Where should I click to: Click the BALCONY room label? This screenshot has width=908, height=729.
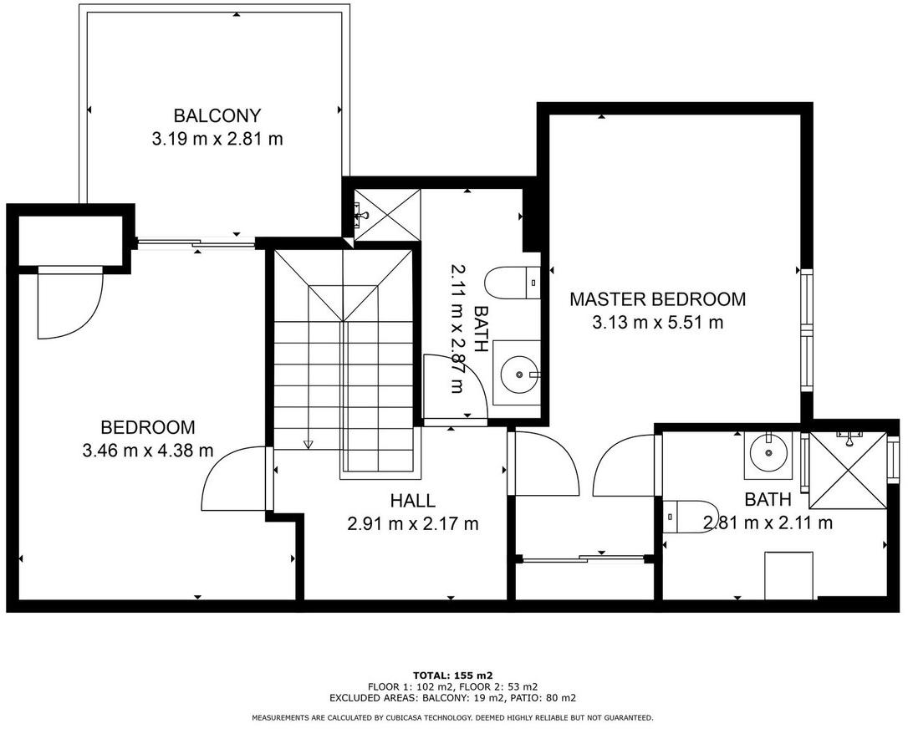pyautogui.click(x=217, y=116)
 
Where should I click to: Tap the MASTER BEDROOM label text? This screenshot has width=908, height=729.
pyautogui.click(x=658, y=299)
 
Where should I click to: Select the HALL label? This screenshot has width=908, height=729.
pyautogui.click(x=412, y=500)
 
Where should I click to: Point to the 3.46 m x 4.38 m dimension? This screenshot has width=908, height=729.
pyautogui.click(x=148, y=451)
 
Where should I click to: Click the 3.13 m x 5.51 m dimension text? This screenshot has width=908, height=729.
pyautogui.click(x=658, y=323)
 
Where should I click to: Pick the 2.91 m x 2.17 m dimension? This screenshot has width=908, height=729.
pyautogui.click(x=413, y=524)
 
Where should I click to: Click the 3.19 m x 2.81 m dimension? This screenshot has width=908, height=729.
pyautogui.click(x=217, y=139)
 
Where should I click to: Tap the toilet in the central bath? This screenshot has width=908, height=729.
pyautogui.click(x=513, y=283)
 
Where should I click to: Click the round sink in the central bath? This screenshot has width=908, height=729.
pyautogui.click(x=519, y=374)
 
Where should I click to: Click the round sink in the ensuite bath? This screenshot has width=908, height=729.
pyautogui.click(x=768, y=452)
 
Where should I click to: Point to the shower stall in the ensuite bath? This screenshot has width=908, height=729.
pyautogui.click(x=848, y=470)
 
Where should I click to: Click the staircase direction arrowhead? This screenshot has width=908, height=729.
pyautogui.click(x=308, y=444)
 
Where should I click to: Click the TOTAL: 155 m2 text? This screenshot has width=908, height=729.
pyautogui.click(x=453, y=675)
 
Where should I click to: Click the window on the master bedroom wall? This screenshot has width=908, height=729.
pyautogui.click(x=807, y=330)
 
